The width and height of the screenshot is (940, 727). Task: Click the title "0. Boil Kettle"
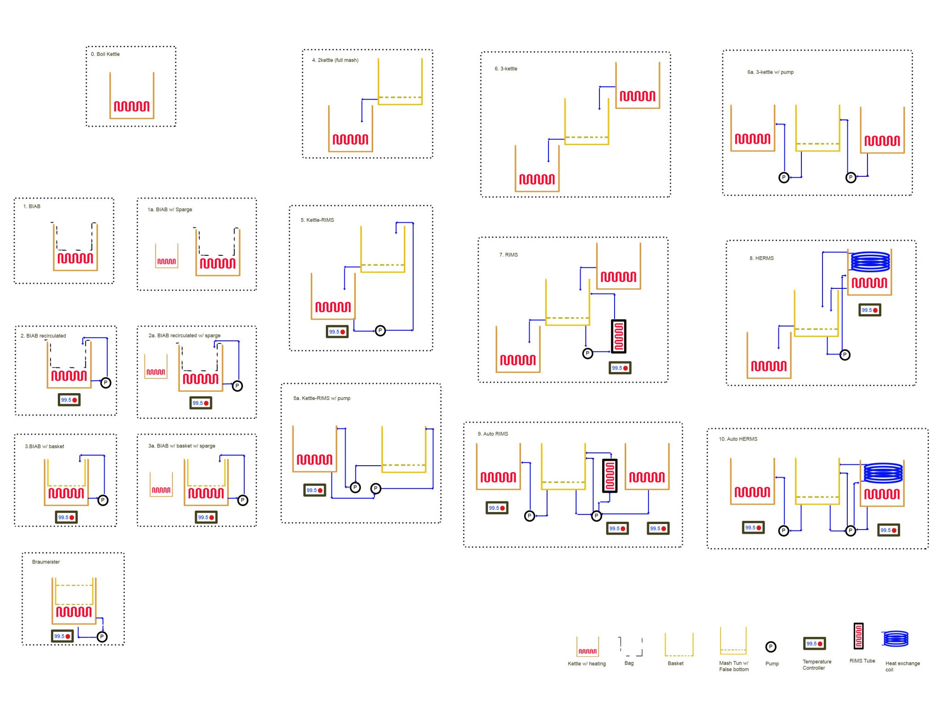tap(105, 54)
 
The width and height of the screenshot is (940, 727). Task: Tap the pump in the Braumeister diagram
tap(102, 637)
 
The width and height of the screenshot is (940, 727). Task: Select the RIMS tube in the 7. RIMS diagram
tap(619, 337)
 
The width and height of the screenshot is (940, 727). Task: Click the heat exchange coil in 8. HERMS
tap(870, 261)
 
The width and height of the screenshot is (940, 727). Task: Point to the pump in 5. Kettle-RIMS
tap(380, 331)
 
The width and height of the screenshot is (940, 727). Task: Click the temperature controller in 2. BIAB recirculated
tap(69, 400)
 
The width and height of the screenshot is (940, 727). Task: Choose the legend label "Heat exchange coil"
tap(902, 666)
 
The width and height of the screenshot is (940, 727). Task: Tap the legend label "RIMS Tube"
tap(862, 661)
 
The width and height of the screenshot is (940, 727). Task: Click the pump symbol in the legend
tap(771, 647)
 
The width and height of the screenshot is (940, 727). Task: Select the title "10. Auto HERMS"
tap(738, 439)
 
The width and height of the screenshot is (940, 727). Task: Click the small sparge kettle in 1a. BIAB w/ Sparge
tap(166, 256)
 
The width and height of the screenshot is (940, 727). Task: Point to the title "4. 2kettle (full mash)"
tap(335, 60)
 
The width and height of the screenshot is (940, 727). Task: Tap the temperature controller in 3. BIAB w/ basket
tap(66, 518)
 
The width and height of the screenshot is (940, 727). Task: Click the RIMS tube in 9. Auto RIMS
tap(610, 476)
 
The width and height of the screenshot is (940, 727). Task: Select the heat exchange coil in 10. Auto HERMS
tap(883, 473)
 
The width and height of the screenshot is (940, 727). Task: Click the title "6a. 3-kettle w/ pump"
tap(770, 72)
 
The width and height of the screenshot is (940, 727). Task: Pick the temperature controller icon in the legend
tap(814, 644)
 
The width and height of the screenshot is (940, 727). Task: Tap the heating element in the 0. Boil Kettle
tap(132, 107)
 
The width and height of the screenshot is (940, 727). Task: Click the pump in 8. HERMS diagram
tap(845, 355)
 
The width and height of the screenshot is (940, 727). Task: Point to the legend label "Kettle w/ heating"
tap(587, 664)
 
